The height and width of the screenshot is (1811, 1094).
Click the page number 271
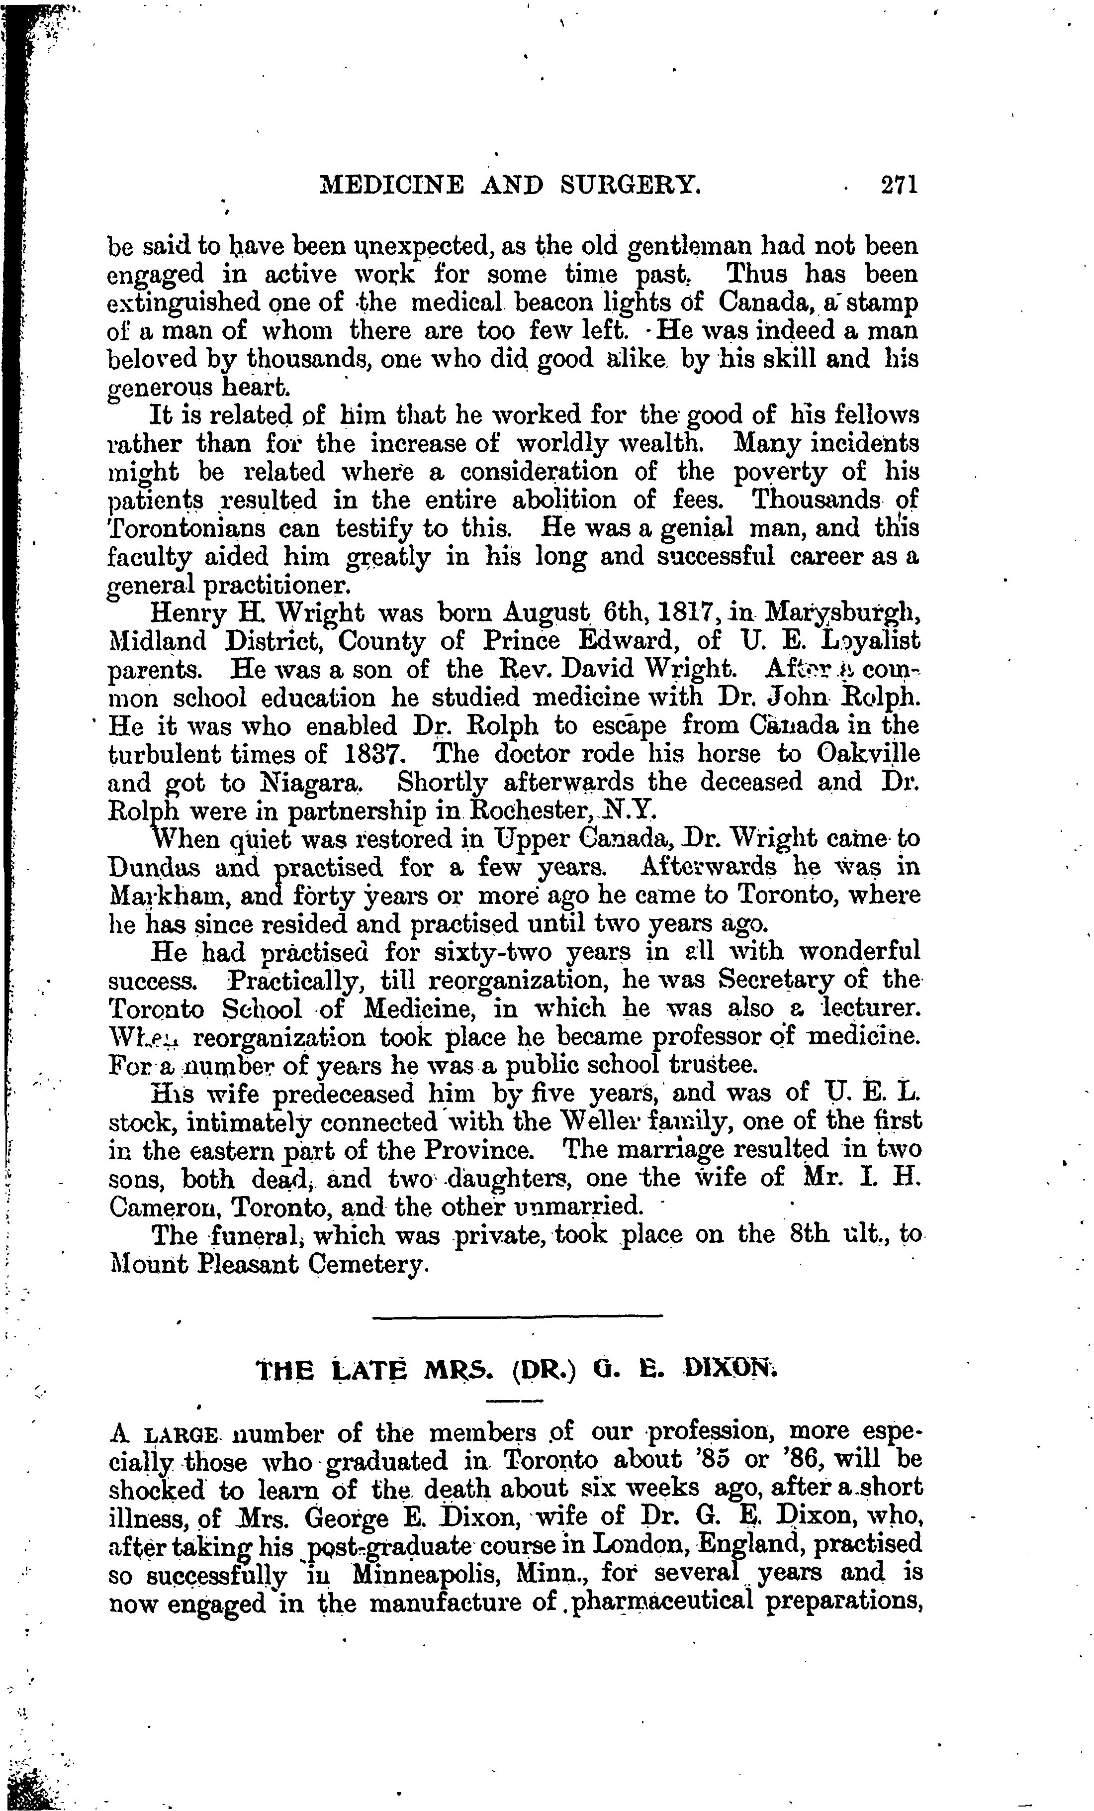tap(899, 184)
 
